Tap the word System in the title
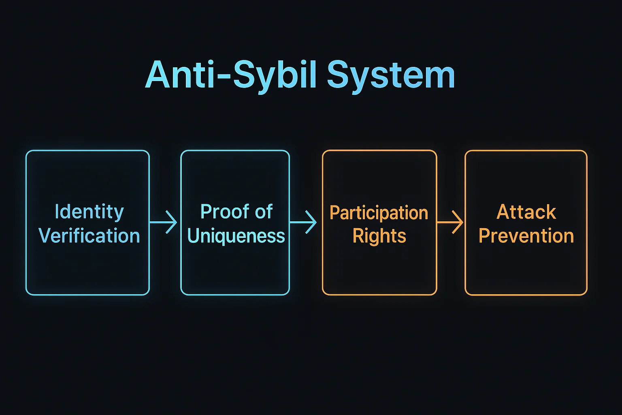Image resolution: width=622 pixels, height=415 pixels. [x=391, y=75]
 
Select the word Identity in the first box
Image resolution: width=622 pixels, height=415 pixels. [x=89, y=212]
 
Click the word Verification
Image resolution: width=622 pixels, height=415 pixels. [x=89, y=236]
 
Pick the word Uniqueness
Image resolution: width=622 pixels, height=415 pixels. [x=236, y=236]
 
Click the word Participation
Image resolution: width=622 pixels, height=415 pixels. [x=379, y=213]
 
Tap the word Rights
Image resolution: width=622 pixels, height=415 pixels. [x=379, y=236]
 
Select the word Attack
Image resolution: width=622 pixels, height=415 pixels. [x=526, y=212]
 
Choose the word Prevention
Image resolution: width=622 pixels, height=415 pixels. [x=526, y=236]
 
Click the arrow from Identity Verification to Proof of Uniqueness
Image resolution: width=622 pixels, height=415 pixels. [x=164, y=222]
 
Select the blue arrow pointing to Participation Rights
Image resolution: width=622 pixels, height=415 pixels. [x=304, y=222]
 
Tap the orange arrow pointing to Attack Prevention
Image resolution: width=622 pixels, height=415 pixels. [x=450, y=222]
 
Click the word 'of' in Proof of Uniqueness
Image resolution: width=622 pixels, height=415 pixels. [x=264, y=212]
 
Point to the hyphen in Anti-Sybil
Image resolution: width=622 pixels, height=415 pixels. [x=225, y=77]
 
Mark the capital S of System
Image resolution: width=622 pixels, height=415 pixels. [x=338, y=75]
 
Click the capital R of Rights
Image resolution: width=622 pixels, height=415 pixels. [x=359, y=235]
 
